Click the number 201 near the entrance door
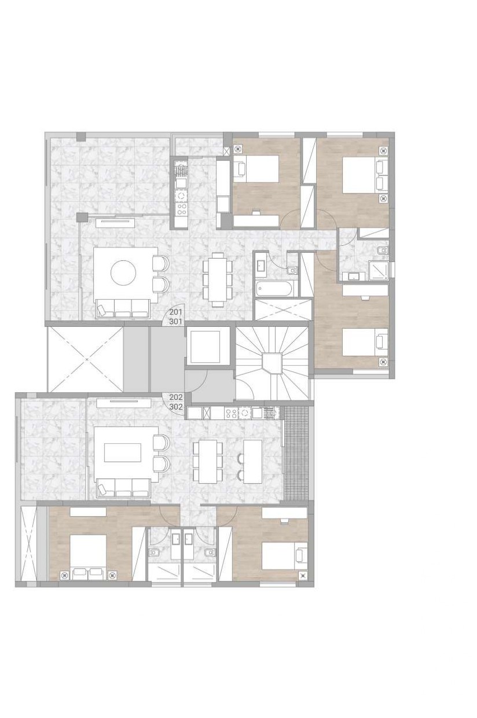pos(176,312)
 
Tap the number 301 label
pos(176,321)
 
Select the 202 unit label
pos(176,397)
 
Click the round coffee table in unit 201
pos(123,273)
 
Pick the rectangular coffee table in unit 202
pos(123,452)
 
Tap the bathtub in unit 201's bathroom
pos(274,289)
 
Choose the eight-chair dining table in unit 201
pos(218,278)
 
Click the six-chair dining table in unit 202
pos(208,461)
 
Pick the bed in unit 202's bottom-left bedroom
pos(88,557)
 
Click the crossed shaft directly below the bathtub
pos(283,310)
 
